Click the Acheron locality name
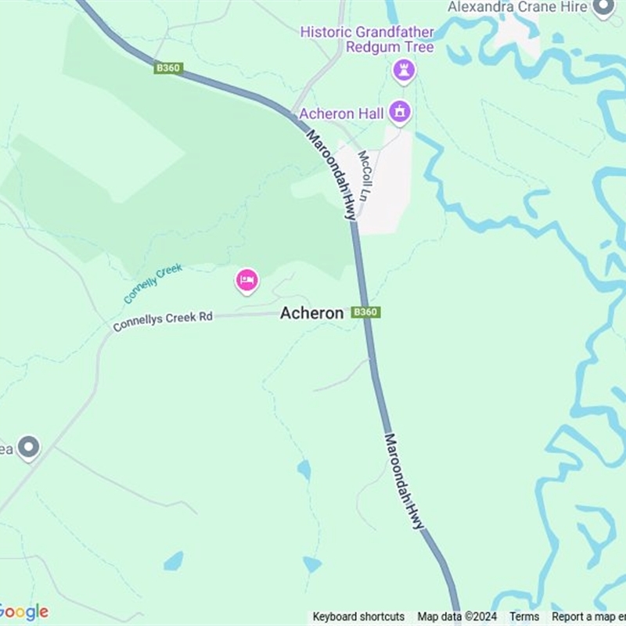311,313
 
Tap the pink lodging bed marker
247,280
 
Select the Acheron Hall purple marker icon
400,112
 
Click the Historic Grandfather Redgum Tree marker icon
404,69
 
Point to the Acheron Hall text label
341,113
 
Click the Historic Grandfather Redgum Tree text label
367,40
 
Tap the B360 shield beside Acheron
365,312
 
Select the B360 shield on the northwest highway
168,68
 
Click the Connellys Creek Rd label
163,321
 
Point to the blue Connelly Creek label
153,283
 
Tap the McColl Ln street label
365,172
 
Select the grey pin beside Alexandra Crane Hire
603,8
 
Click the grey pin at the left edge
29,448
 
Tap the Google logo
23,612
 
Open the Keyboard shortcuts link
358,617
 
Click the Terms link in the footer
524,617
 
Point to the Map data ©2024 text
457,617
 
